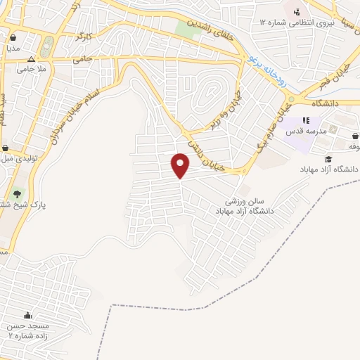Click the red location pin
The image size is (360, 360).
click(x=181, y=165)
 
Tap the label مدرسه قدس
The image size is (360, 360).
click(x=304, y=131)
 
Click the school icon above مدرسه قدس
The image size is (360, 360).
click(x=306, y=120)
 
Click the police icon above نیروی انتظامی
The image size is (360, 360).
click(x=297, y=11)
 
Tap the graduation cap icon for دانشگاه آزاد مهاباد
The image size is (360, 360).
click(x=328, y=160)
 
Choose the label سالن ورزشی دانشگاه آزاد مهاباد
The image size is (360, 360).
click(x=244, y=205)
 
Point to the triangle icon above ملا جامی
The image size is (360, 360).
click(x=31, y=58)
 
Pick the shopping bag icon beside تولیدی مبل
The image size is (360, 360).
click(x=6, y=148)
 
